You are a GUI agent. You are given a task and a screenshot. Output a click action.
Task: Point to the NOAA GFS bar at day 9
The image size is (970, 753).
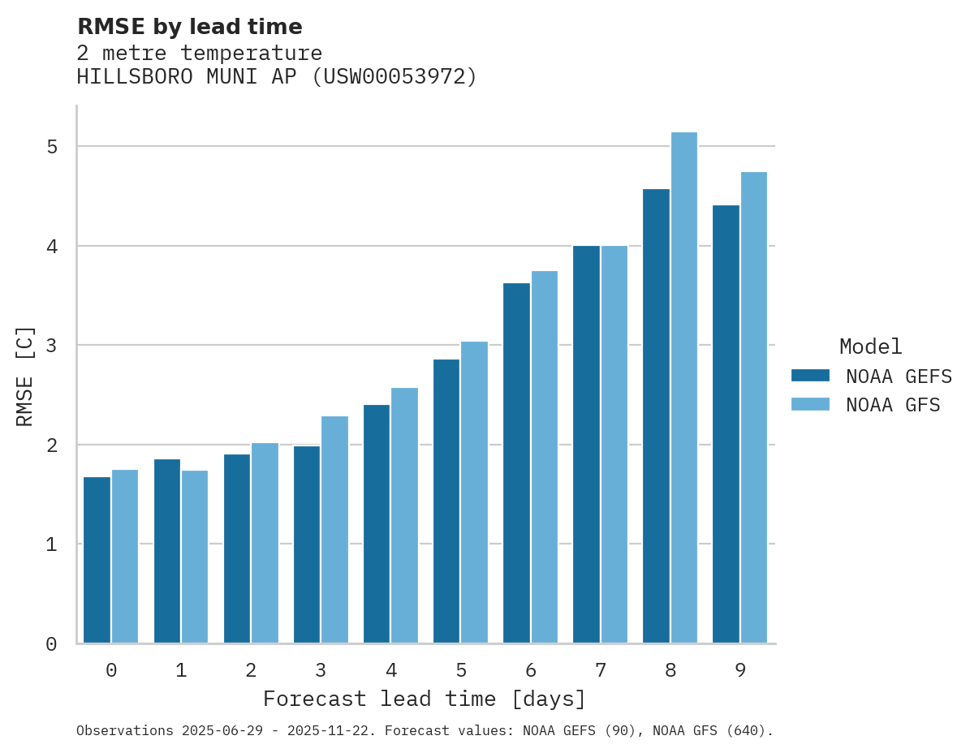tap(754, 407)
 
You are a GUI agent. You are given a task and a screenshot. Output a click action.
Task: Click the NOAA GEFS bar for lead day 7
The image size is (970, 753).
tap(586, 444)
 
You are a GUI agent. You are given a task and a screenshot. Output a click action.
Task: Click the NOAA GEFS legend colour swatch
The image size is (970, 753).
tap(810, 375)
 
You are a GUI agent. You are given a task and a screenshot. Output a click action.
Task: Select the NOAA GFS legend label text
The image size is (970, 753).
tap(893, 405)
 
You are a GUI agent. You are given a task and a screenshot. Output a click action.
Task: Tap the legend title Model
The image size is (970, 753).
tap(871, 347)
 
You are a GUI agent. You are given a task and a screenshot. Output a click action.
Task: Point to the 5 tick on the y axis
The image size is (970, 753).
tap(51, 147)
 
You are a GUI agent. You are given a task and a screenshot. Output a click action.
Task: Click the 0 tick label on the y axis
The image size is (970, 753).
tap(51, 644)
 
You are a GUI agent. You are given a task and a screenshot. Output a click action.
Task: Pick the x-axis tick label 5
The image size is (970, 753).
tap(461, 671)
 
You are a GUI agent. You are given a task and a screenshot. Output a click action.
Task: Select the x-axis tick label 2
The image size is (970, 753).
tap(251, 671)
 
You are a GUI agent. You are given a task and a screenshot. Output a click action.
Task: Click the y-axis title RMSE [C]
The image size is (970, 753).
tap(25, 376)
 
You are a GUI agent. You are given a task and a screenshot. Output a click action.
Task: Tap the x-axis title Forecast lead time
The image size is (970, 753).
tap(424, 699)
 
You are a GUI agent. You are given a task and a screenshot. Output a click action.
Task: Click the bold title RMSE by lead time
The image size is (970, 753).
tap(190, 28)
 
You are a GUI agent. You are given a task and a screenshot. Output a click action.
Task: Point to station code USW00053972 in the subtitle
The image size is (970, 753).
tap(395, 77)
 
